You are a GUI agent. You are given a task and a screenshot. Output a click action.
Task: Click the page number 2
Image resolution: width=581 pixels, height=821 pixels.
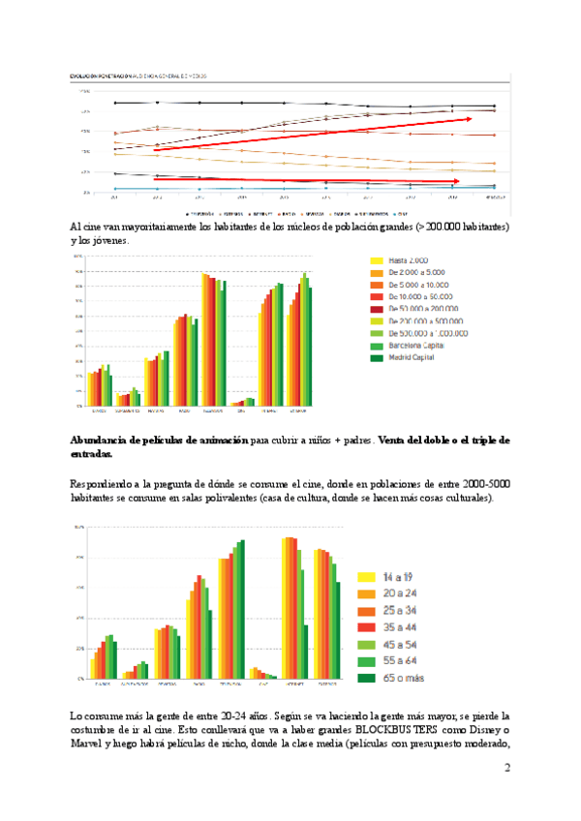click(x=506, y=768)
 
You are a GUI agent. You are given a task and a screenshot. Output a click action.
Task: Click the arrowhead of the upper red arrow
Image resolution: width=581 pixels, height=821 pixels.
click(x=469, y=119)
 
